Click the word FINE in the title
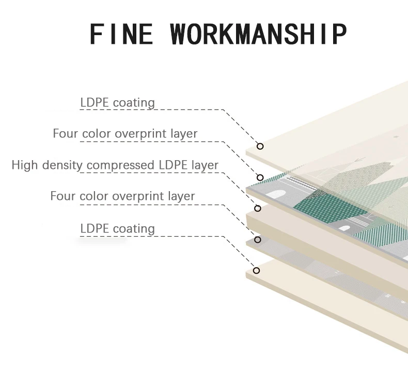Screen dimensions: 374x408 coord(121,34)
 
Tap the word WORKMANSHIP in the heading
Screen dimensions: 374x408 coord(258,34)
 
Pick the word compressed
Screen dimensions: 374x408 coord(120,165)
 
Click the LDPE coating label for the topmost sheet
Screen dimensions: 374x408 coord(117,102)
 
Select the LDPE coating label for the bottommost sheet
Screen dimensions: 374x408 coord(117,228)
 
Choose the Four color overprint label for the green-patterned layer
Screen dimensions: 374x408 coord(125,134)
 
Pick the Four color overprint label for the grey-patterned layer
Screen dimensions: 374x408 coord(122,196)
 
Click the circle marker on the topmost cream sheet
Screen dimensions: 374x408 coord(260,146)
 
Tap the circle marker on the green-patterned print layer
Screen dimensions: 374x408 coord(260,177)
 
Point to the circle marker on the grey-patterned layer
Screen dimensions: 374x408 coord(258,240)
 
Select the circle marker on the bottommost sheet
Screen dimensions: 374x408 coord(256,270)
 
